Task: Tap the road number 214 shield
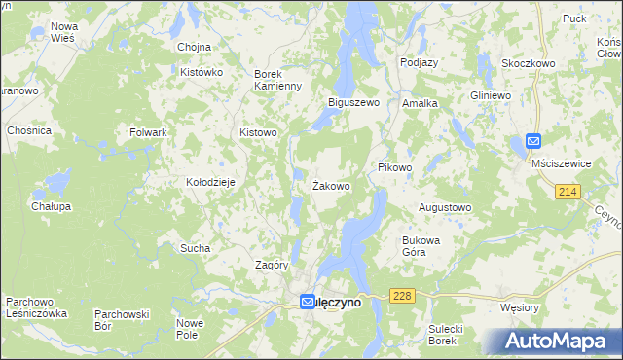pos(569,193)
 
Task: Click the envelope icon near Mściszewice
pos(533,142)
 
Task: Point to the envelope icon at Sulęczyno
pos(308,303)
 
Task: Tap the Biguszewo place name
pos(353,102)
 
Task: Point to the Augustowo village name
pos(444,207)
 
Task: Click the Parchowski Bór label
pos(121,319)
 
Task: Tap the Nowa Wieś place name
pos(65,32)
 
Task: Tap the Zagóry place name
pos(272,265)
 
